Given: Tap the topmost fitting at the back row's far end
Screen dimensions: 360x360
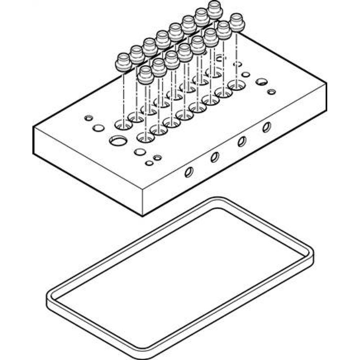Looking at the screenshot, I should click(215, 10).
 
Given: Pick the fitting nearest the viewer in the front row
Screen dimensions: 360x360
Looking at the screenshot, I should click(146, 75).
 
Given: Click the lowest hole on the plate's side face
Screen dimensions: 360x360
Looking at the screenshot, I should click(188, 172).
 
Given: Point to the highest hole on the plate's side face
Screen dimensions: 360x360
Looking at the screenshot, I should click(266, 127).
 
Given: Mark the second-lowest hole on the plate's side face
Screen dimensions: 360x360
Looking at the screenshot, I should click(215, 157).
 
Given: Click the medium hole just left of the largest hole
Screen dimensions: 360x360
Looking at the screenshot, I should click(98, 128).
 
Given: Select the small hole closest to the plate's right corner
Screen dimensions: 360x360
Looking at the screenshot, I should click(272, 92).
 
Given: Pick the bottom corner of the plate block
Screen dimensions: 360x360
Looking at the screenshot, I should click(143, 215).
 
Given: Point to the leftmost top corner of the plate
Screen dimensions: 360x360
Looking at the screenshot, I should click(33, 126).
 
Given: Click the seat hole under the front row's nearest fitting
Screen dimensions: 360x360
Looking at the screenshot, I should click(145, 137).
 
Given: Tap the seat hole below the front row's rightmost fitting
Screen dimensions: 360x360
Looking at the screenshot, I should click(236, 85).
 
